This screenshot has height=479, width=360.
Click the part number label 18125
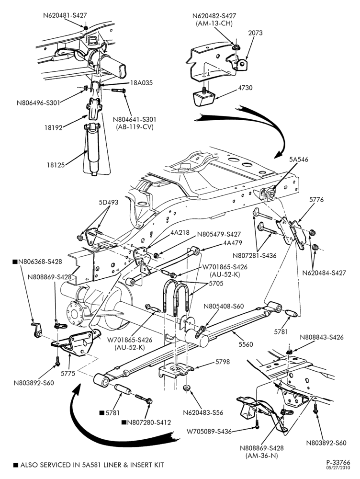[56, 165]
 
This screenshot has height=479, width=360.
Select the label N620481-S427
[65, 15]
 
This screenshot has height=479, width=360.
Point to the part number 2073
[255, 33]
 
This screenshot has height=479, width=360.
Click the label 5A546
[299, 160]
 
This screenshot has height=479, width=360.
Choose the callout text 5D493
[108, 202]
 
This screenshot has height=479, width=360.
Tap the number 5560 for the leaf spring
[245, 344]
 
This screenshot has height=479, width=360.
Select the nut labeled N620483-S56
[187, 388]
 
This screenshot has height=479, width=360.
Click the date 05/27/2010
[338, 468]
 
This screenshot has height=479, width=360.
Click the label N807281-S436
[254, 255]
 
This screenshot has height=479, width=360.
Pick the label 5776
[316, 200]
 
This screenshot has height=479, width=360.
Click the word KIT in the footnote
[158, 465]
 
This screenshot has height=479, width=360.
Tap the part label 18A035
[141, 83]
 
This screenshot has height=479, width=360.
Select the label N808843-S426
[322, 337]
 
